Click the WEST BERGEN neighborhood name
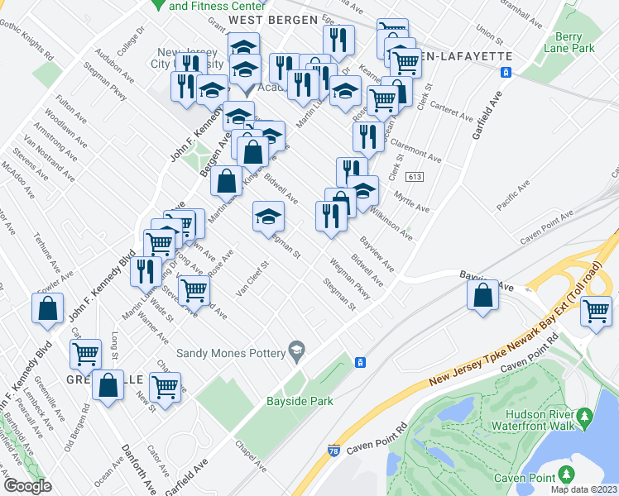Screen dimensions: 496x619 coord(272,19)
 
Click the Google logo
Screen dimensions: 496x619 coord(27,486)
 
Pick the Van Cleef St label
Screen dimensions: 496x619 coord(253,279)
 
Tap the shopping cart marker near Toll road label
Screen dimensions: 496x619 coord(595,312)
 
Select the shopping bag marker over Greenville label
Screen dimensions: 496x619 coord(108,385)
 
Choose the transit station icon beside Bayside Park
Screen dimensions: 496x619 coord(359,363)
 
